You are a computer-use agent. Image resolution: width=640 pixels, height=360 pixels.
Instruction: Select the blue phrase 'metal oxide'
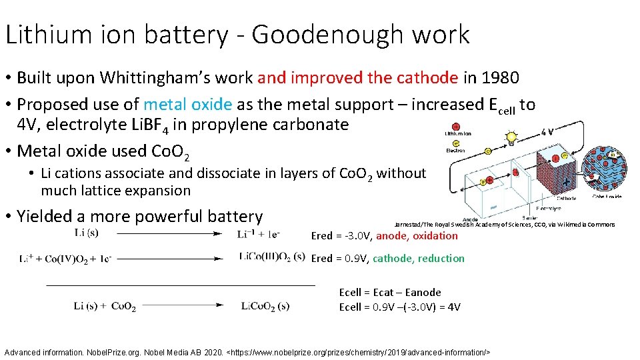(x=187, y=105)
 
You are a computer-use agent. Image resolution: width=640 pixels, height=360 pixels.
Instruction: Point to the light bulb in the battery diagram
(x=511, y=139)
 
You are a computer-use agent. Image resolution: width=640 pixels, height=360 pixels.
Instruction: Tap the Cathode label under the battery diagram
(x=567, y=197)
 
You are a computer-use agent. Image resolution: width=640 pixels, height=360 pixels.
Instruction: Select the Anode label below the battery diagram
(x=470, y=219)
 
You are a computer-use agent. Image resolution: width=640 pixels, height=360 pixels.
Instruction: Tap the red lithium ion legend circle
(x=455, y=126)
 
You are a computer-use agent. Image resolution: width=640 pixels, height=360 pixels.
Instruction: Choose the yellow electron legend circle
(x=455, y=142)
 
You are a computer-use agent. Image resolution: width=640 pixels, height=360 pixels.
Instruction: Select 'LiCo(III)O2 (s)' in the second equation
(x=271, y=258)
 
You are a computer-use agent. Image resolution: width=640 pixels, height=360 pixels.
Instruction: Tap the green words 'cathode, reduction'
(x=419, y=259)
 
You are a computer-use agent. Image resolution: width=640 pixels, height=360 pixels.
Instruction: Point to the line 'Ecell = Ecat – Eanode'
(x=390, y=292)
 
